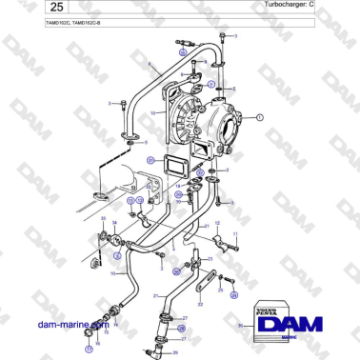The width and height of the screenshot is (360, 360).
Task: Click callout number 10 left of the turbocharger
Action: [x=150, y=112]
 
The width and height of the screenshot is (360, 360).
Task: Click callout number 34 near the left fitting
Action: [x=114, y=224]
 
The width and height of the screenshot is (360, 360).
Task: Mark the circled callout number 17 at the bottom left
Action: [x=89, y=335]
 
